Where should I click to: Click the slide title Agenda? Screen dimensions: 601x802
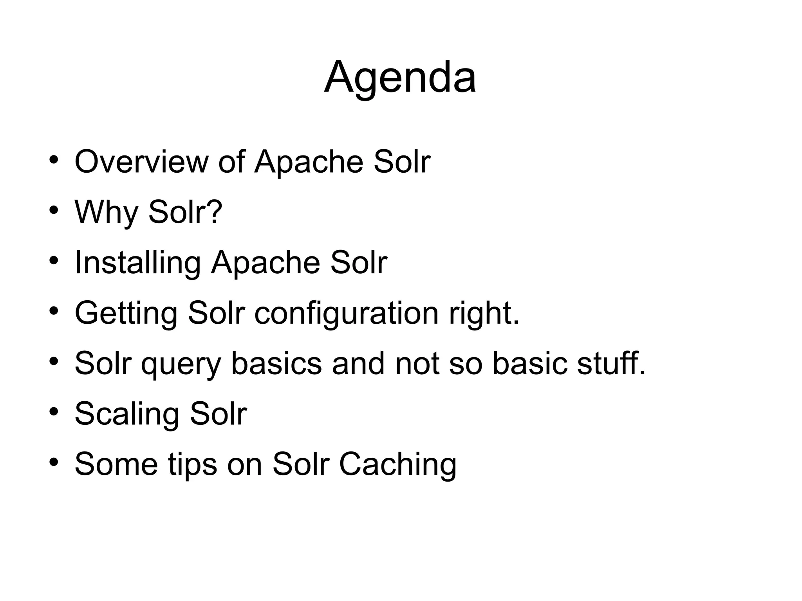point(400,77)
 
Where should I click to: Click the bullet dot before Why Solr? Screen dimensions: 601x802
point(54,210)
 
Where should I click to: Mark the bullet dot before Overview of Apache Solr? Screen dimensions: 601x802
point(54,159)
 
